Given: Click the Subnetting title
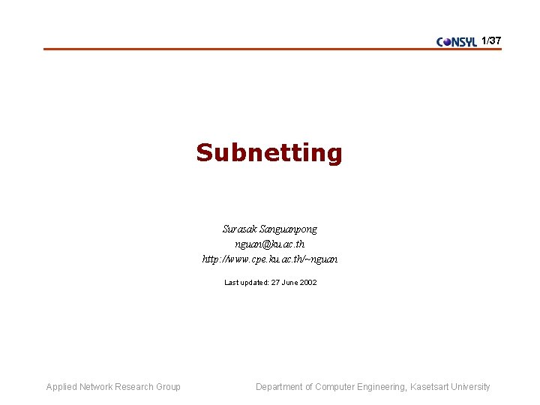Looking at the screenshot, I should point(269,153).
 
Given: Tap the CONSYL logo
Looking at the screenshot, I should point(457,42).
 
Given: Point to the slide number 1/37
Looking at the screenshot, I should point(491,40).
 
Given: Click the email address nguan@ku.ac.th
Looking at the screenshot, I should point(269,244).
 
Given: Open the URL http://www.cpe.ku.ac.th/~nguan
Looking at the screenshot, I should point(270,259).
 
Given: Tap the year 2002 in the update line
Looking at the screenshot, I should point(307,283).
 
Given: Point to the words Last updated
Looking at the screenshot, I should point(242,283).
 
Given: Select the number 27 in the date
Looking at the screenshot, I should point(269,283).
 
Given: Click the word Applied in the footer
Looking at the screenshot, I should point(61,387).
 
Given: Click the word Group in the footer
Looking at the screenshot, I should point(168,387).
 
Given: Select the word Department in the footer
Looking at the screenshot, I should point(280,387).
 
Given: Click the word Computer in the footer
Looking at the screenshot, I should point(335,387).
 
